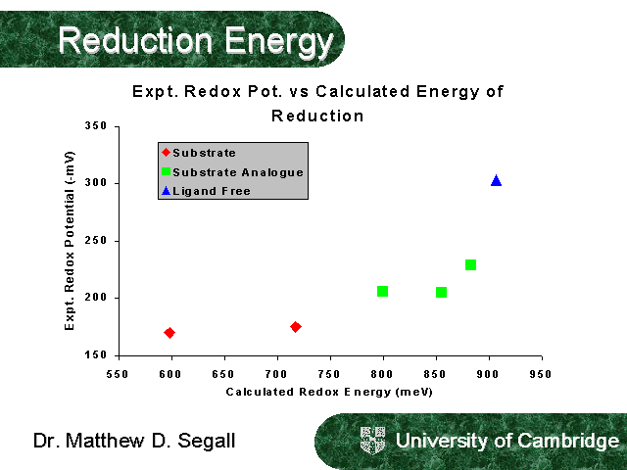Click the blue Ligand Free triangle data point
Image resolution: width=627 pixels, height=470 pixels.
pos(497,180)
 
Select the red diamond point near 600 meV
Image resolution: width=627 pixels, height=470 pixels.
pos(169,333)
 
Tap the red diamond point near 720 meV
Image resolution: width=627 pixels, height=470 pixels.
pos(296,327)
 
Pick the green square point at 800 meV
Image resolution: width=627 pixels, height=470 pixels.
pos(382,291)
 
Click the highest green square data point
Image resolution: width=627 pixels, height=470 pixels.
pos(470,264)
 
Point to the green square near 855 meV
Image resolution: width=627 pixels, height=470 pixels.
pos(441,292)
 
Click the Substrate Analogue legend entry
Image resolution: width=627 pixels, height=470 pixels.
pos(237,172)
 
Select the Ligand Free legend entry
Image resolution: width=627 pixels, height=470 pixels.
pos(211,191)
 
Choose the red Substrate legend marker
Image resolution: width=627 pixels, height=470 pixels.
pos(166,153)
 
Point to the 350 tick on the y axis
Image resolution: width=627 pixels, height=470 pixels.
pos(96,127)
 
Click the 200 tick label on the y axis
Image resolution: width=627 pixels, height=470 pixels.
pos(96,298)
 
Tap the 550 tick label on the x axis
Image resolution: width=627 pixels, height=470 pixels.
pos(118,373)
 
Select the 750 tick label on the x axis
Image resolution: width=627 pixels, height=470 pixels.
pos(329,373)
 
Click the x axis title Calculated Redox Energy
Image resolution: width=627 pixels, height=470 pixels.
pos(329,392)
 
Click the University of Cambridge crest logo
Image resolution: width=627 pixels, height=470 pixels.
pos(373,440)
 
